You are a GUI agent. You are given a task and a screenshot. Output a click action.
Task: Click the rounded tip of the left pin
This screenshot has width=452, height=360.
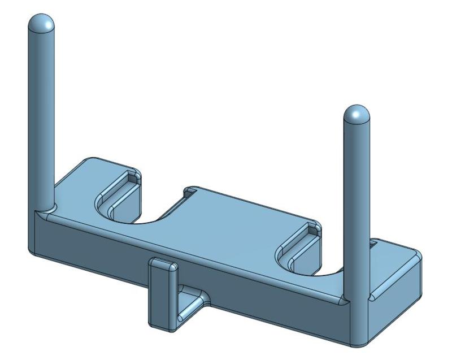point(42,24)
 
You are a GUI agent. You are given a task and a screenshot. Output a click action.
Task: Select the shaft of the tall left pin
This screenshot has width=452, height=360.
point(42,113)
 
